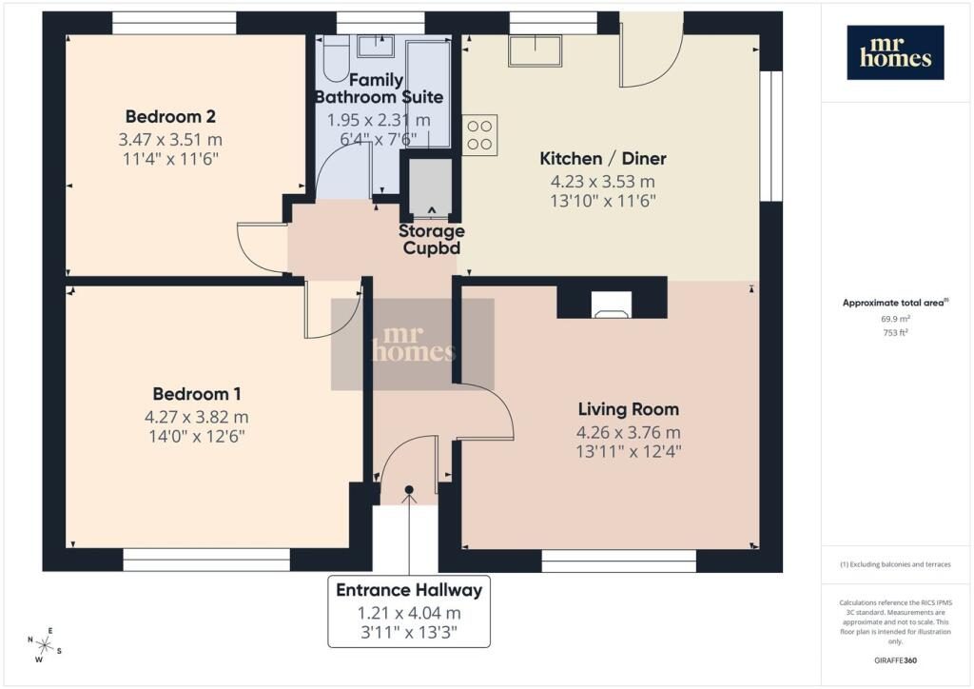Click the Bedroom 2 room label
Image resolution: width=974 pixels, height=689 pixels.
coord(170,116)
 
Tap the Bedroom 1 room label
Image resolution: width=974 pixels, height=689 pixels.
coord(196,394)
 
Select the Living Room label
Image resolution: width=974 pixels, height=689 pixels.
coord(628,409)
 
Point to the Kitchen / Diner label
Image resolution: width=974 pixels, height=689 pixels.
coord(602,158)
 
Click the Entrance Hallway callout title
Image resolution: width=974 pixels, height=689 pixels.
coord(409,590)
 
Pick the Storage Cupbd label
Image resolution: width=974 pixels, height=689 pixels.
coord(431,239)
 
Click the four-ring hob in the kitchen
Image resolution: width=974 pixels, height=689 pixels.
coord(479,135)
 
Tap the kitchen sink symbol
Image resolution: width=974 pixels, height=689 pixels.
coord(535,50)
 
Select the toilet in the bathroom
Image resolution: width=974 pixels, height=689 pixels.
coord(336,58)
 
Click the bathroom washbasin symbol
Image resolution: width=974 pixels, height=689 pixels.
coord(375,45)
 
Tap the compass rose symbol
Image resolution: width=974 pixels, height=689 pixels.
coord(44,645)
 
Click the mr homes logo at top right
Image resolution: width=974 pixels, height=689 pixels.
coord(895,52)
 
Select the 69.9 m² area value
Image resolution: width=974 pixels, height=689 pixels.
coord(895,319)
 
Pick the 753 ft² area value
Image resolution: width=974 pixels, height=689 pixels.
coord(895,332)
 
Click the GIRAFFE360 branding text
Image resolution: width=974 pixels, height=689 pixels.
coord(895,659)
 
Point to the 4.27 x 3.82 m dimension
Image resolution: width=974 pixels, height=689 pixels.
coord(196,417)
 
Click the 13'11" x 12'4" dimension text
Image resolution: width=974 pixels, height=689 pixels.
coord(628,452)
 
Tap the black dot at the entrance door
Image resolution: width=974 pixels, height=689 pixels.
coord(409,489)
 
